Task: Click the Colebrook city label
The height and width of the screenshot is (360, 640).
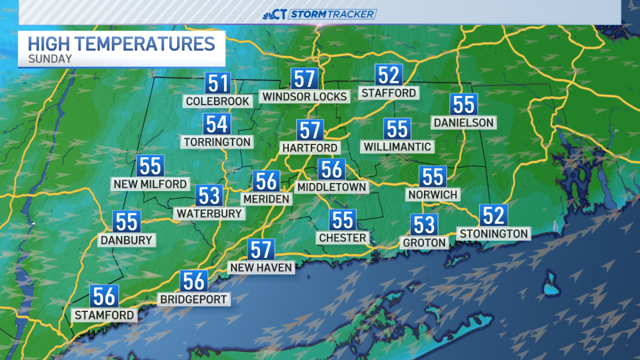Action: pyautogui.click(x=218, y=101)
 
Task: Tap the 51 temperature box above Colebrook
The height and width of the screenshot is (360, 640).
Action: pyautogui.click(x=218, y=84)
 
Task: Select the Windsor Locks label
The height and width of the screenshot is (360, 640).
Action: pyautogui.click(x=305, y=97)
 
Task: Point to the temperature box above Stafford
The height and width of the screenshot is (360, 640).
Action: pyautogui.click(x=388, y=75)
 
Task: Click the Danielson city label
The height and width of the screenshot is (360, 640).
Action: pyautogui.click(x=463, y=123)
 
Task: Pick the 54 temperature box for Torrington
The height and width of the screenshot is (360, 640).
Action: pyautogui.click(x=217, y=124)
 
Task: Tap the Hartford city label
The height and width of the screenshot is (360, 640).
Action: pyautogui.click(x=310, y=148)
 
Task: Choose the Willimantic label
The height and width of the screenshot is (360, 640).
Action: pyautogui.click(x=397, y=146)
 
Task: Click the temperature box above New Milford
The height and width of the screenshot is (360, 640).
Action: pyautogui.click(x=150, y=166)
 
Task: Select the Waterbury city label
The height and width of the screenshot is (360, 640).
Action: pyautogui.click(x=209, y=213)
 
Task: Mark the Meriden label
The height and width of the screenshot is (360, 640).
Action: pyautogui.click(x=266, y=199)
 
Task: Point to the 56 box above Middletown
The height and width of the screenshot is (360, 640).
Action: pyautogui.click(x=332, y=170)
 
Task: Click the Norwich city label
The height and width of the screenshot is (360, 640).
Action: pyautogui.click(x=433, y=195)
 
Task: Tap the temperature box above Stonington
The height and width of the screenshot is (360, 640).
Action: pyautogui.click(x=493, y=215)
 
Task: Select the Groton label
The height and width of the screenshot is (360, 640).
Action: pyautogui.click(x=424, y=243)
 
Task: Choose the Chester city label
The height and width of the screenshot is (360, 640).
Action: pyautogui.click(x=342, y=238)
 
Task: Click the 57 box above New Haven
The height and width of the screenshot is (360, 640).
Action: pyautogui.click(x=261, y=250)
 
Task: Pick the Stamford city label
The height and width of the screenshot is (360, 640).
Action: pyautogui.click(x=104, y=315)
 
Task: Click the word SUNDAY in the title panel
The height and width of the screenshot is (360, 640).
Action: pyautogui.click(x=50, y=59)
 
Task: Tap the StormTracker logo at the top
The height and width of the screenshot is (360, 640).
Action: pyautogui.click(x=320, y=14)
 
